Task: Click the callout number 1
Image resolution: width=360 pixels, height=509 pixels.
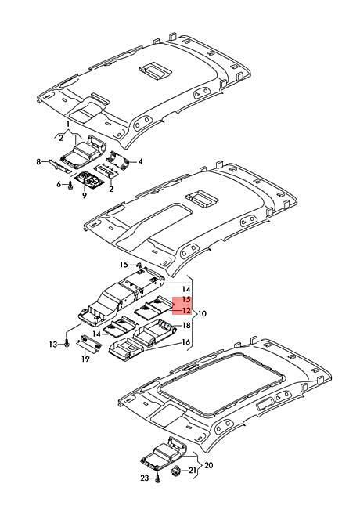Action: point(68,124)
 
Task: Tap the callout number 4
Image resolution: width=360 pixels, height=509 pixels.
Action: point(140,161)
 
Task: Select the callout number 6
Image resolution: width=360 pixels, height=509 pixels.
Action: point(59,184)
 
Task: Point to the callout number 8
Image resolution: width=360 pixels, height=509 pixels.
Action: point(38,161)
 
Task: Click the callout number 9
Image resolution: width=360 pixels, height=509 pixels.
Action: point(85,196)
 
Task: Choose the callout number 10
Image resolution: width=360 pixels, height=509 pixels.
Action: point(202,314)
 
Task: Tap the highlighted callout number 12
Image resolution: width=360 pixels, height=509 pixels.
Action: point(186,311)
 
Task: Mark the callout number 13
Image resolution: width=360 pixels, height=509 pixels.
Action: point(53,345)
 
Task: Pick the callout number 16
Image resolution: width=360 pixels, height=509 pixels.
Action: point(185,342)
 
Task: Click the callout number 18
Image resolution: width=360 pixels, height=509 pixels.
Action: point(186,325)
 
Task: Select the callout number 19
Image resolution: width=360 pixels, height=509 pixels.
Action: point(85,359)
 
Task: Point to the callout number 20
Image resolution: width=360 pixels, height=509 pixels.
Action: point(209,465)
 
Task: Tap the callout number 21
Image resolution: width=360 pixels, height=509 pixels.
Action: point(193,471)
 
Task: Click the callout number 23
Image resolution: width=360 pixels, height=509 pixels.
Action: point(145,478)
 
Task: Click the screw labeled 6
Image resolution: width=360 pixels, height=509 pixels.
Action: point(70,185)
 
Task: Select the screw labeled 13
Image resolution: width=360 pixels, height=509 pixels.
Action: point(67,343)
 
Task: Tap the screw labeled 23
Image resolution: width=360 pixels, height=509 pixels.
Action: point(157,478)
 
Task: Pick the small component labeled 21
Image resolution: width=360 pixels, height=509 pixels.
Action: point(176,470)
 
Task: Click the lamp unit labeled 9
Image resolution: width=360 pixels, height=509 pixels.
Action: point(89,179)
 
